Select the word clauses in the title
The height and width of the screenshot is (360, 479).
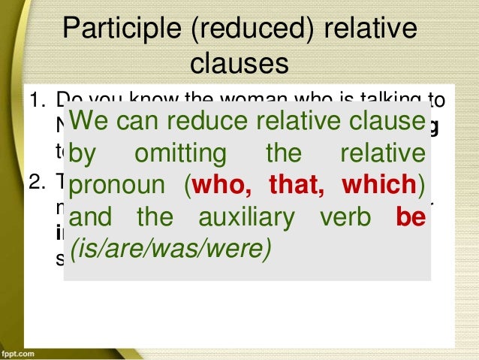click(x=239, y=64)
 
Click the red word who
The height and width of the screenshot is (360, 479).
click(x=221, y=185)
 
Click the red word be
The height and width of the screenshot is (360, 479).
click(x=410, y=217)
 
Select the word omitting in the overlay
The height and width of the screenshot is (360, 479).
click(x=180, y=153)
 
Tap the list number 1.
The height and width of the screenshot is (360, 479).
click(x=35, y=100)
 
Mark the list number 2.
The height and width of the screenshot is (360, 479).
click(x=35, y=183)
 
